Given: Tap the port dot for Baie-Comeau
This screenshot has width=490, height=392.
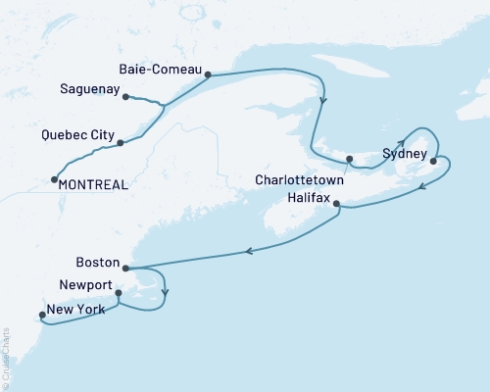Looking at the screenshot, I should (x=208, y=73).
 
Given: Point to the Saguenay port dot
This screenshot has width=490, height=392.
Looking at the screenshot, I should (x=127, y=96).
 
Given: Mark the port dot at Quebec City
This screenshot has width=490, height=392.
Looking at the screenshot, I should (x=121, y=143).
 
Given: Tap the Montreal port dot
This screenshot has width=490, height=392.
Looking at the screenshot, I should (x=52, y=179).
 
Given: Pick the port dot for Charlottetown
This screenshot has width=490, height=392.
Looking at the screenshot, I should (x=348, y=160).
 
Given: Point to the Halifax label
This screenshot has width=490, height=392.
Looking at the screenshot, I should (x=296, y=197).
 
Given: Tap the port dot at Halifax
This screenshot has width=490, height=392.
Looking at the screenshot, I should (x=337, y=204).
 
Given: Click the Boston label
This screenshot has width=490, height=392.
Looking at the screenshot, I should (x=98, y=263).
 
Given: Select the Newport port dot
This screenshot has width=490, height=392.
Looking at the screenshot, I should (x=118, y=292).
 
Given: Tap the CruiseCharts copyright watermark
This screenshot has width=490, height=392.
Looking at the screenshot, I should (x=6, y=352).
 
